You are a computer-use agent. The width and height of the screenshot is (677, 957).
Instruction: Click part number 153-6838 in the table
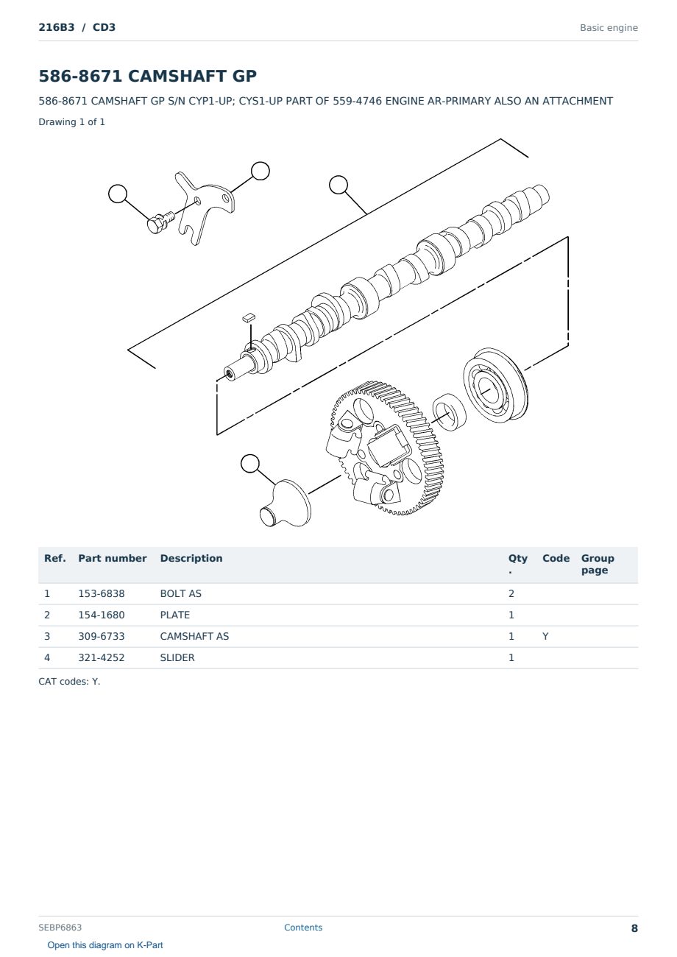click(x=102, y=593)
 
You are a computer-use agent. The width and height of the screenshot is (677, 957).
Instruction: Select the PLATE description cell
click(x=174, y=615)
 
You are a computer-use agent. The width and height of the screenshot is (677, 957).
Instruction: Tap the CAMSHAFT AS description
click(x=194, y=636)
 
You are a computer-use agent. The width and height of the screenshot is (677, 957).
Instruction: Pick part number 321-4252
click(x=102, y=657)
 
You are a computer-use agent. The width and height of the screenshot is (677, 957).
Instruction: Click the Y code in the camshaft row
click(x=545, y=636)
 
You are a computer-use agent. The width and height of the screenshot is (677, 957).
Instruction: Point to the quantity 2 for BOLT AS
click(x=511, y=593)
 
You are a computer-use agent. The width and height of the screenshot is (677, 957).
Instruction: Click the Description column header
click(x=191, y=558)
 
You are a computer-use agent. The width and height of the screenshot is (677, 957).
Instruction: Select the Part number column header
click(x=113, y=558)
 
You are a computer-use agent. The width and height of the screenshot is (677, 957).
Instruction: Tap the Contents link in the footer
click(x=303, y=927)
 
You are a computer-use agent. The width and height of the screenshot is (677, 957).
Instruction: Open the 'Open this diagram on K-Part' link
click(x=105, y=944)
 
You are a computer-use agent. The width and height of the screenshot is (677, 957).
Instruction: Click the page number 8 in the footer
click(x=634, y=928)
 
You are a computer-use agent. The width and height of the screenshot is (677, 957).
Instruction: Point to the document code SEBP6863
click(x=60, y=927)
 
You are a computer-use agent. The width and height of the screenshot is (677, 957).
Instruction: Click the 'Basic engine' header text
click(x=609, y=28)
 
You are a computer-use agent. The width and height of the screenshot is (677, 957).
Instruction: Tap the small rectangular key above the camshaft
click(x=248, y=317)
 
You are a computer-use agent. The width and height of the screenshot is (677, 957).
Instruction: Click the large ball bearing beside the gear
click(x=495, y=385)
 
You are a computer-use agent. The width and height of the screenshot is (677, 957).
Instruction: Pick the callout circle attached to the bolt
click(x=118, y=194)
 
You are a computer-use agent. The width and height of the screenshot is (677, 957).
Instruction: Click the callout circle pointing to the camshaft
click(x=338, y=185)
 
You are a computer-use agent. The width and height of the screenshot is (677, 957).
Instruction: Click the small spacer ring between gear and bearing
click(x=449, y=412)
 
